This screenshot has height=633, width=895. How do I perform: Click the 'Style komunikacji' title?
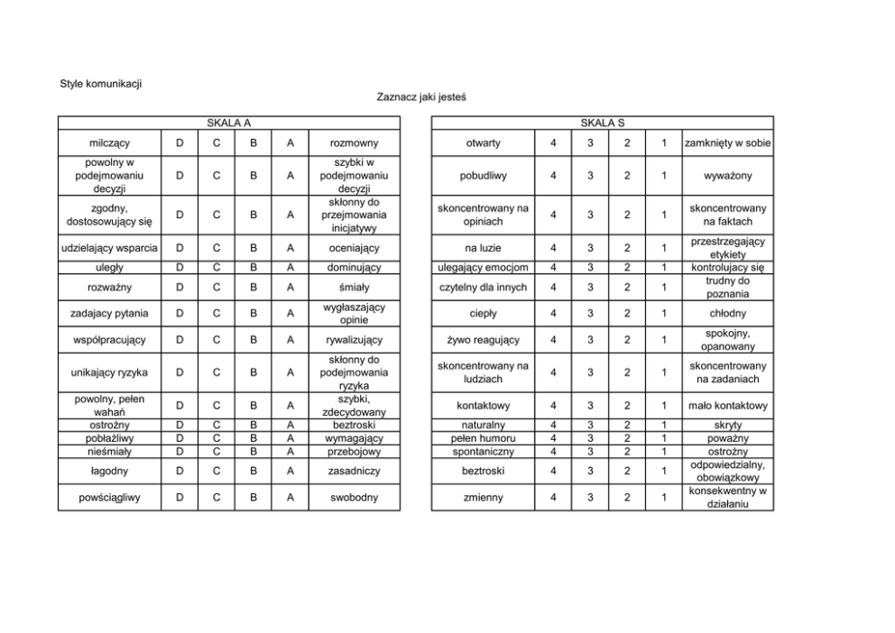[101, 85]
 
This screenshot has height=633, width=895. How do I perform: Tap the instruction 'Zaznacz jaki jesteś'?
[420, 96]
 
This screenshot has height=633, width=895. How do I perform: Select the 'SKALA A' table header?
[228, 123]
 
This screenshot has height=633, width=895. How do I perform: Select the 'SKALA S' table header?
[602, 123]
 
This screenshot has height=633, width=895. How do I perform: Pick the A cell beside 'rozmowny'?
[291, 143]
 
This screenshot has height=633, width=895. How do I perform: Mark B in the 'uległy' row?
[254, 268]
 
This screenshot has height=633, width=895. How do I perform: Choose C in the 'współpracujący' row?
[217, 340]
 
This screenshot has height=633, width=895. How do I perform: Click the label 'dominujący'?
[353, 268]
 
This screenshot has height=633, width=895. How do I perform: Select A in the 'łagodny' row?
[291, 471]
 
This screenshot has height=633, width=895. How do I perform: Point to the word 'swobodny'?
[353, 497]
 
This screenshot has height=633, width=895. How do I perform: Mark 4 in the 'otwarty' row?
[553, 143]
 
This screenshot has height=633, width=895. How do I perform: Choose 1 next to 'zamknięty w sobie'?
[663, 143]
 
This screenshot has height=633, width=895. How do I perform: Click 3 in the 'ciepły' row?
[590, 314]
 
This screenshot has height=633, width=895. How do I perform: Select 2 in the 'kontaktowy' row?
[627, 406]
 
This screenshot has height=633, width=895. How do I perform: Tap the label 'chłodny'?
[727, 314]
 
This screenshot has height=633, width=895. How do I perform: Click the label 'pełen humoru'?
[484, 438]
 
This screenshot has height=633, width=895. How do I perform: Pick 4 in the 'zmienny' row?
[553, 497]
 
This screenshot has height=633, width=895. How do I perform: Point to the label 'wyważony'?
[727, 176]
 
